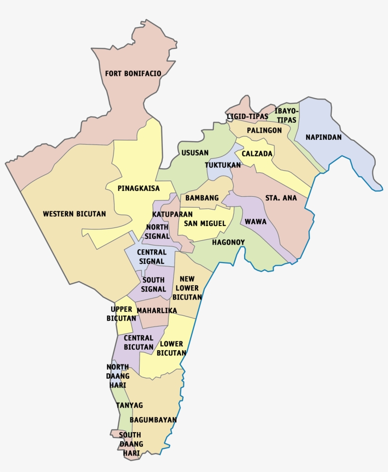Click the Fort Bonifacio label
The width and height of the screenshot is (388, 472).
(133, 73)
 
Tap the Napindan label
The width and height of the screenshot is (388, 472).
(323, 137)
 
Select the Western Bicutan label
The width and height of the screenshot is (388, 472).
(74, 214)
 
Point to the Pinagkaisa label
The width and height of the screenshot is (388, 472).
(139, 188)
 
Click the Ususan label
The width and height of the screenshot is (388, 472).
(195, 153)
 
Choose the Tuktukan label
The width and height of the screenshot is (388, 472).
(223, 165)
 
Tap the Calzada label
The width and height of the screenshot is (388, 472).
(257, 154)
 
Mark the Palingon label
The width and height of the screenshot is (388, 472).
(264, 130)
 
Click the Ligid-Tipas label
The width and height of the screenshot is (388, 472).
(247, 116)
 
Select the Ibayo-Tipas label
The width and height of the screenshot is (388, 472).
(287, 116)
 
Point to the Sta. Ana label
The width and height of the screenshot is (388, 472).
(281, 198)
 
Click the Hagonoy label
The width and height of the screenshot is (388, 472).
(228, 242)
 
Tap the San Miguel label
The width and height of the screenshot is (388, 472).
(204, 223)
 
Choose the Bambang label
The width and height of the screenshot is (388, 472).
(202, 198)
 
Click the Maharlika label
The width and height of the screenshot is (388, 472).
(157, 310)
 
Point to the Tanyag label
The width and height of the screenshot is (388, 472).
(129, 405)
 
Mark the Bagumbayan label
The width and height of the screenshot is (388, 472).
(153, 420)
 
